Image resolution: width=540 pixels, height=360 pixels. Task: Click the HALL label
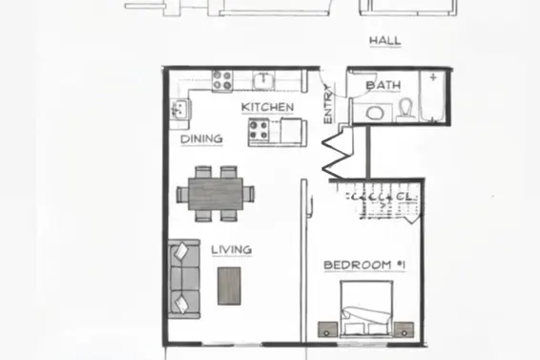click(384, 41)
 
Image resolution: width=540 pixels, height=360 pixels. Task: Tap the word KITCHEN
click(267, 107)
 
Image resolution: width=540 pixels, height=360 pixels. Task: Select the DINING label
click(201, 138)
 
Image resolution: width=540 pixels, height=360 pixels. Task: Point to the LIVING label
click(231, 250)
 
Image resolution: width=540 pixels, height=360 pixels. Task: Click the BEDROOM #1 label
click(358, 265)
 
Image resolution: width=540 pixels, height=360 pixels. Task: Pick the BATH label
click(383, 85)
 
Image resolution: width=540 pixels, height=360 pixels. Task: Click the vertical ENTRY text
click(328, 105)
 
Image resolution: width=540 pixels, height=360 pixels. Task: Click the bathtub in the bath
click(434, 97)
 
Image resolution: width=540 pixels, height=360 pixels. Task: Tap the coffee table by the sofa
click(229, 285)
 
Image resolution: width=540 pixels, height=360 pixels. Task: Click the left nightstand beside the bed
click(329, 329)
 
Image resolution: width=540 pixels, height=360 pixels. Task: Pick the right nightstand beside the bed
click(405, 329)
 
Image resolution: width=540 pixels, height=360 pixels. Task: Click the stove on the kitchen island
click(260, 131)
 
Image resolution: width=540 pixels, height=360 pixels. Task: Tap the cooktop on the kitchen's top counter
click(223, 80)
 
